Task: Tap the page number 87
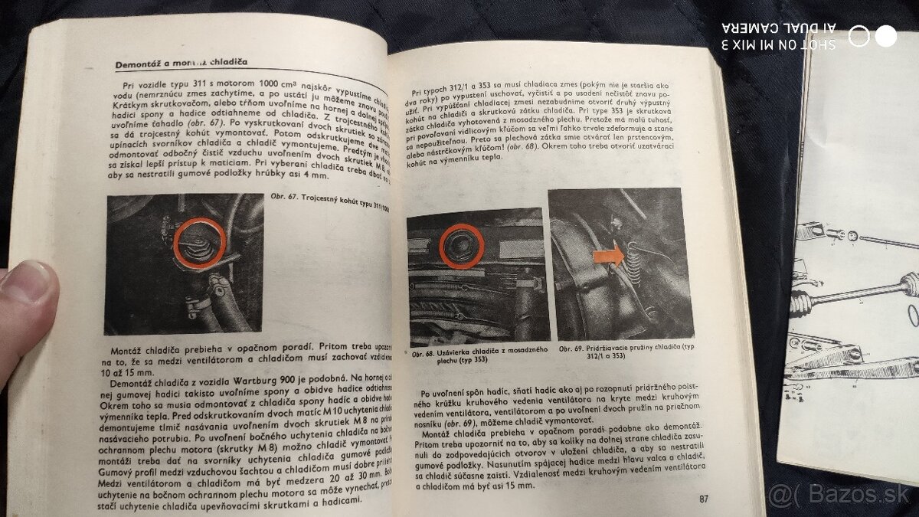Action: coord(704,499)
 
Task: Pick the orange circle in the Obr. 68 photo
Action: coord(462,246)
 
